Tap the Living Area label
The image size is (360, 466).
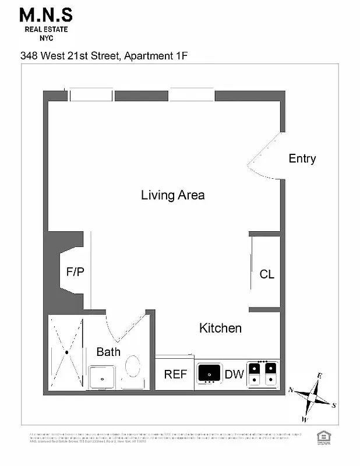point(172,195)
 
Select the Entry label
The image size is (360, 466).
point(302,158)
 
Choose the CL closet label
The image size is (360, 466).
point(267,274)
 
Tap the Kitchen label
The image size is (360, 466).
point(220,329)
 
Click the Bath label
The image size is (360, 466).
point(108,352)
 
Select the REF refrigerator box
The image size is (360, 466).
point(175,374)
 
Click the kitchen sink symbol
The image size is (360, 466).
point(209,373)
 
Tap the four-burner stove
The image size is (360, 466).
point(263,373)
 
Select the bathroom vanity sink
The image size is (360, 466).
point(103,377)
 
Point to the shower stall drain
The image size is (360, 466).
point(66,352)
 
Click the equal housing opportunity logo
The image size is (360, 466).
point(321,437)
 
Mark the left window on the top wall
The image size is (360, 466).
point(91,96)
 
